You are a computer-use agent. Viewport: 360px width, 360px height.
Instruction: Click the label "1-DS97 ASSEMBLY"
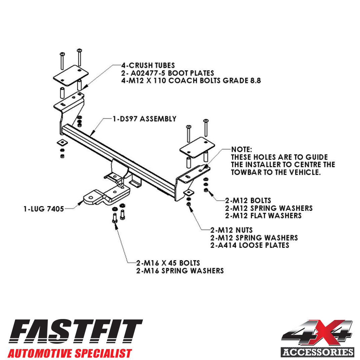[145, 119]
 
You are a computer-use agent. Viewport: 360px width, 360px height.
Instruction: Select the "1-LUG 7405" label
[44, 209]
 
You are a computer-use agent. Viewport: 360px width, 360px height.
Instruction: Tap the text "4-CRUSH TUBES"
[148, 65]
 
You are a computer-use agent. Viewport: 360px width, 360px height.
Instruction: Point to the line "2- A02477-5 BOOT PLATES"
[168, 73]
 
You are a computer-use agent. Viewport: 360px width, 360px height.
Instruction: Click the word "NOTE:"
[241, 149]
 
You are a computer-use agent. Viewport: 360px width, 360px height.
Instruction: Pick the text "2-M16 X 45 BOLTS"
[168, 263]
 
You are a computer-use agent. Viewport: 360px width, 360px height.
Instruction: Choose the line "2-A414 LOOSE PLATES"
[250, 245]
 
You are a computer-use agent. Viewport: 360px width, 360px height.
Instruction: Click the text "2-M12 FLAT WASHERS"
[263, 216]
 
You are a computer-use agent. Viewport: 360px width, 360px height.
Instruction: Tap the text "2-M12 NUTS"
[231, 230]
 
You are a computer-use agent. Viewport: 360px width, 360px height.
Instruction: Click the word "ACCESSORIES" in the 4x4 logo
[318, 352]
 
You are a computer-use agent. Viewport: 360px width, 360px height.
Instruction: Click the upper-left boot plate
[71, 76]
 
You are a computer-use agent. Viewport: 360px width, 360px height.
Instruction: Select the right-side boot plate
[197, 147]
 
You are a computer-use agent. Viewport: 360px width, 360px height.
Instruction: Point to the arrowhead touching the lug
[81, 203]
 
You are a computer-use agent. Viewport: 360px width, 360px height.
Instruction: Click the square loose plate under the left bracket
[62, 143]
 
